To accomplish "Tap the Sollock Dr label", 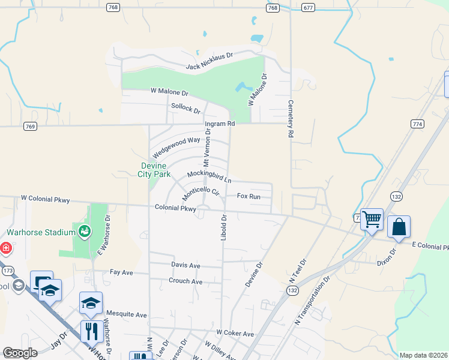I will [x=185, y=108].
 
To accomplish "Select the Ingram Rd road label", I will [x=219, y=124].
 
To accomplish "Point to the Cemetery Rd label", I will [x=290, y=119].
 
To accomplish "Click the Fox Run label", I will [x=249, y=196].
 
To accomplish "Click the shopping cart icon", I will [x=372, y=220].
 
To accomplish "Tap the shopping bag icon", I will [x=399, y=227].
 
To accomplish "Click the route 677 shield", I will [x=309, y=7].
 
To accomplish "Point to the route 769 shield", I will [x=31, y=127].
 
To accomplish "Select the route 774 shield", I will [x=418, y=124].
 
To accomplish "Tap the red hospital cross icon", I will [x=5, y=247].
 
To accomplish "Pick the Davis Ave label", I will [x=185, y=265].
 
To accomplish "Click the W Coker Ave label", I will [x=235, y=333].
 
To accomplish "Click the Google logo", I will [x=20, y=353].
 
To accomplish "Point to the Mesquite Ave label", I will [x=126, y=314].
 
